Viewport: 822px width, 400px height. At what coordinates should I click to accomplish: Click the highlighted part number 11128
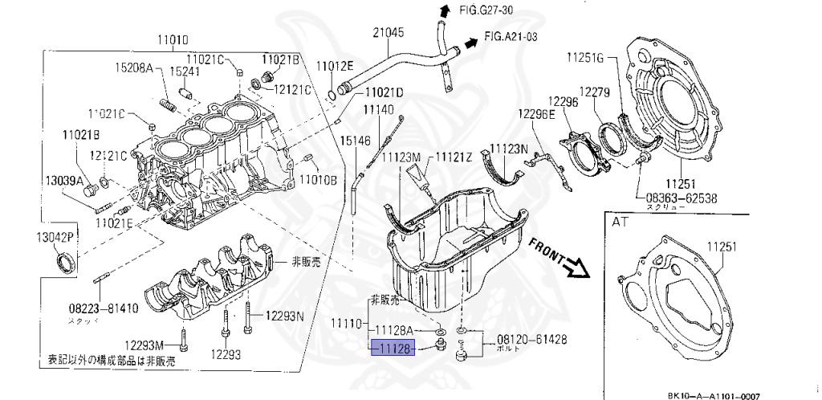(x=393, y=347)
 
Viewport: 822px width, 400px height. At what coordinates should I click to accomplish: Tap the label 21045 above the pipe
(x=388, y=33)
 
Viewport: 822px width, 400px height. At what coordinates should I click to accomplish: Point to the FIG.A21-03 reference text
(x=511, y=37)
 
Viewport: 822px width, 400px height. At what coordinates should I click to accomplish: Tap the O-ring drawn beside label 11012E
(x=333, y=96)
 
